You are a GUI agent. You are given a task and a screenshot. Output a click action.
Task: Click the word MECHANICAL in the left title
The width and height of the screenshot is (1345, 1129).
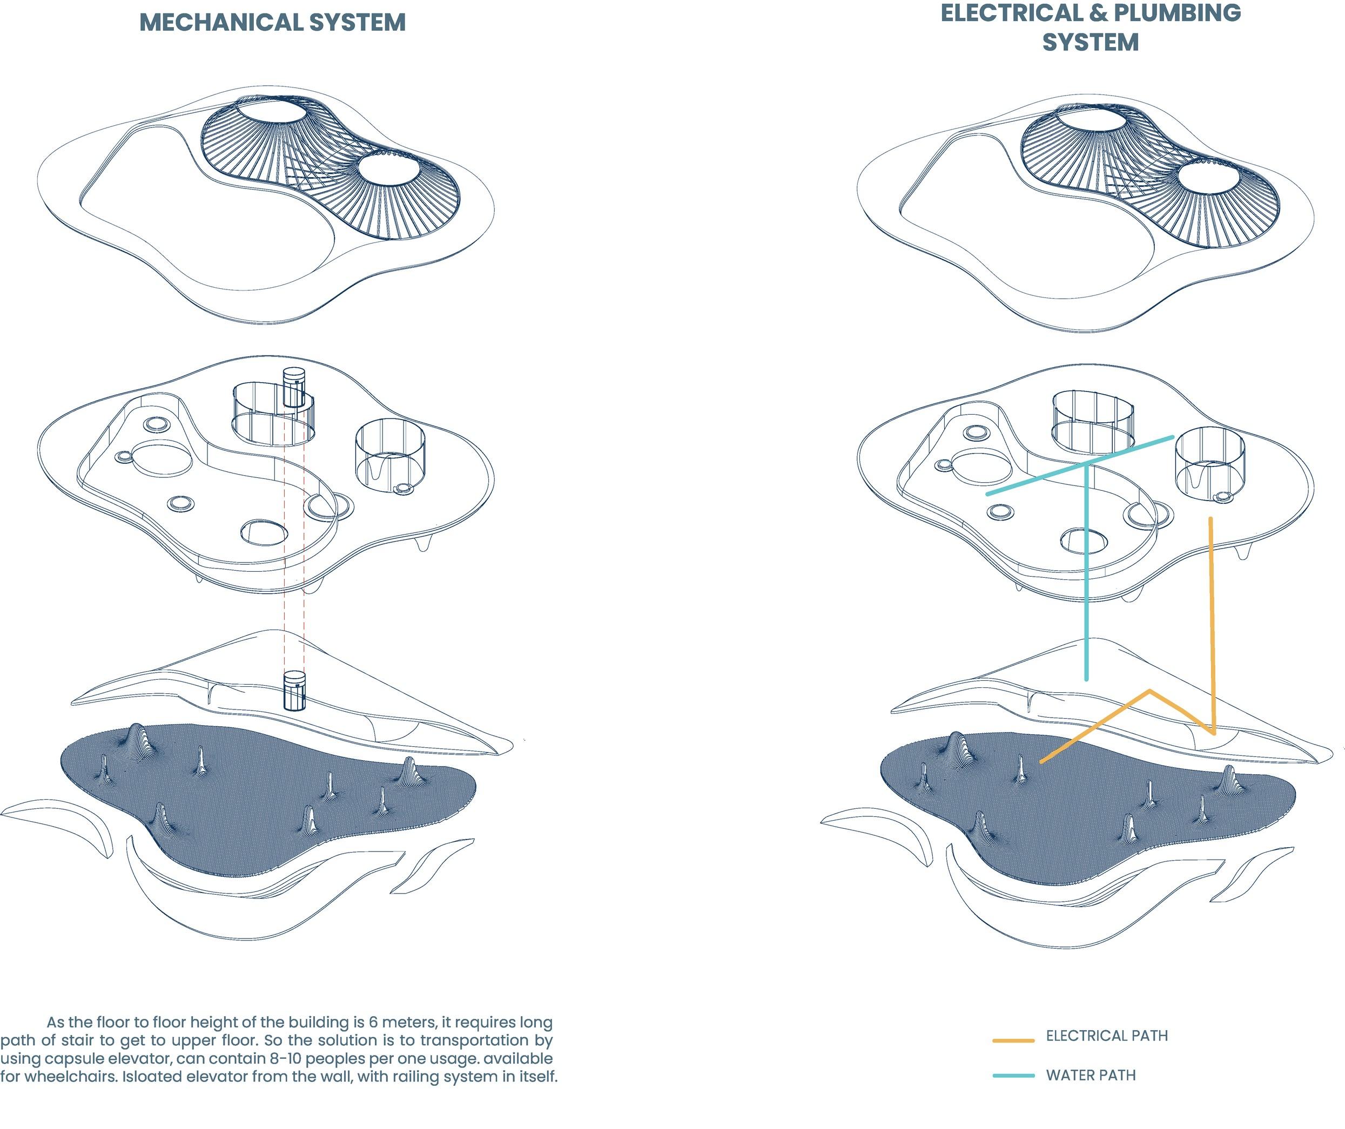(221, 23)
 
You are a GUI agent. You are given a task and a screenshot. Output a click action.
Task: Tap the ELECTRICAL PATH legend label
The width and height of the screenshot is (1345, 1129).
(1107, 1036)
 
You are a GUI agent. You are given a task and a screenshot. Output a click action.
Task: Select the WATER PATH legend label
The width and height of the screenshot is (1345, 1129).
(1091, 1075)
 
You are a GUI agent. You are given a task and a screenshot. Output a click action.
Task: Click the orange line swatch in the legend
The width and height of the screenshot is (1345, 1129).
(1013, 1040)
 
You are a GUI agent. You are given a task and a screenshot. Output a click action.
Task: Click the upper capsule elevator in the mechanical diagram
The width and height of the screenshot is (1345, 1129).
(294, 388)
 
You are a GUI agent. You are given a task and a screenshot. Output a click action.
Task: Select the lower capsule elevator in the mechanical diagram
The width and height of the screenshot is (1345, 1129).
(294, 691)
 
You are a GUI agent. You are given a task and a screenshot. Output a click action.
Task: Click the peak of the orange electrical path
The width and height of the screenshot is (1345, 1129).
(1149, 691)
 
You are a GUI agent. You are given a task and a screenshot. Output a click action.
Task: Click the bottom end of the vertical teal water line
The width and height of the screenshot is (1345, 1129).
(1086, 679)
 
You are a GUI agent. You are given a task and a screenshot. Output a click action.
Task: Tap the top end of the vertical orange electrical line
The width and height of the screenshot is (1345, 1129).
(1211, 519)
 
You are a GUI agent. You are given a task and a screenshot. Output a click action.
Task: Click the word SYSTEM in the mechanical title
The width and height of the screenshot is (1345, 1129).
(358, 23)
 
